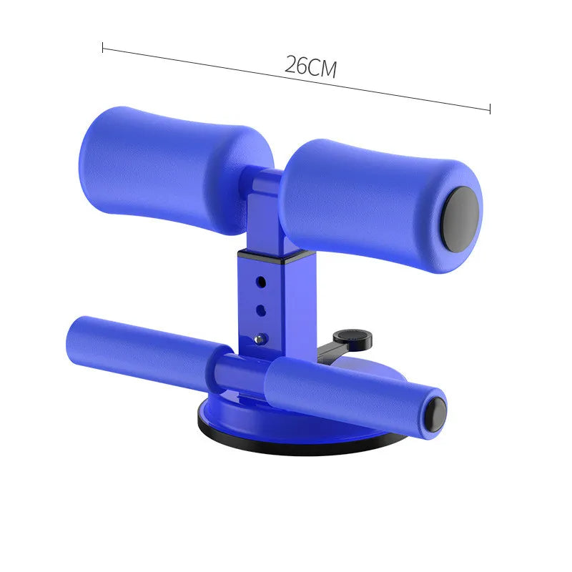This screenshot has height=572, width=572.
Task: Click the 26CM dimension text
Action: pos(310,66)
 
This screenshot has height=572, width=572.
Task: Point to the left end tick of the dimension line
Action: pos(104,49)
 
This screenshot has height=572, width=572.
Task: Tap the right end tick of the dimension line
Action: pos(490,109)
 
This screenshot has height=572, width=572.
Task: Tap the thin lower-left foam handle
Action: pos(139,343)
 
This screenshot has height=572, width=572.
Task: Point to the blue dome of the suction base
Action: pos(236,422)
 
